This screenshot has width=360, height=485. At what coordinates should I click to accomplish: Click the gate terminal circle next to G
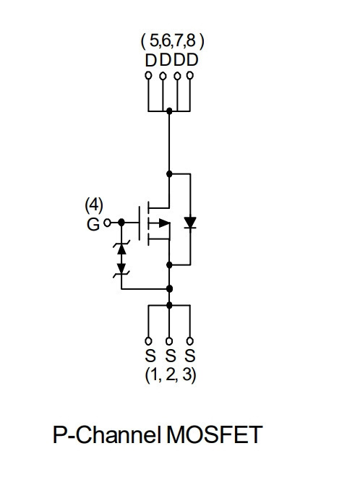pos(107,223)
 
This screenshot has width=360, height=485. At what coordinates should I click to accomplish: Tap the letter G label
pos(93,225)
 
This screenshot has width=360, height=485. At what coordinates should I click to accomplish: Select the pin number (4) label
pos(94,205)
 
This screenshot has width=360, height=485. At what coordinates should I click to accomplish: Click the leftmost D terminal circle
pos(148,75)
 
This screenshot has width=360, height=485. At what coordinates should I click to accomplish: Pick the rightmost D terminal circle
pos(190,75)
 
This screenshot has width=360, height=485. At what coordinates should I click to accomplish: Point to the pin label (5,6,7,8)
pos(172,40)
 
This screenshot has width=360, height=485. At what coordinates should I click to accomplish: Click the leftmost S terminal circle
pos(148,341)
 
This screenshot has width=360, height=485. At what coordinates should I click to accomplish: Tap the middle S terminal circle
pos(169,341)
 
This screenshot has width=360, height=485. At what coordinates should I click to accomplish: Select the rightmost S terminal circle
pos(190,341)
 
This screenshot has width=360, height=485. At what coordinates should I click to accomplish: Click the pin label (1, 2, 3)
pos(171,375)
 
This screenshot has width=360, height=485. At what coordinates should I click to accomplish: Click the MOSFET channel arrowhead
pos(165,223)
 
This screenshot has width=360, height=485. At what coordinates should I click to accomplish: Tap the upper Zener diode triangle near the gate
pos(121,249)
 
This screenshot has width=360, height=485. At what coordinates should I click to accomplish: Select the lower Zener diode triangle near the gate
pos(121,268)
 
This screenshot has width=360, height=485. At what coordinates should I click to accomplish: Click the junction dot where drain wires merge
pos(169,111)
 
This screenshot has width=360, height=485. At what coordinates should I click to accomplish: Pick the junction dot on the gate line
pos(121,222)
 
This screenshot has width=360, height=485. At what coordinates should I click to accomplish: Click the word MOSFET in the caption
pos(214,435)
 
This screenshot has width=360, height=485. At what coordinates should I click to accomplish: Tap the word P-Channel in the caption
pos(107,435)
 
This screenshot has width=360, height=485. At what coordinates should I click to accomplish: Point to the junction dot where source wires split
pos(169,305)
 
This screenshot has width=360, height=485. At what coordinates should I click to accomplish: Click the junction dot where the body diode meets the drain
pos(169,173)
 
